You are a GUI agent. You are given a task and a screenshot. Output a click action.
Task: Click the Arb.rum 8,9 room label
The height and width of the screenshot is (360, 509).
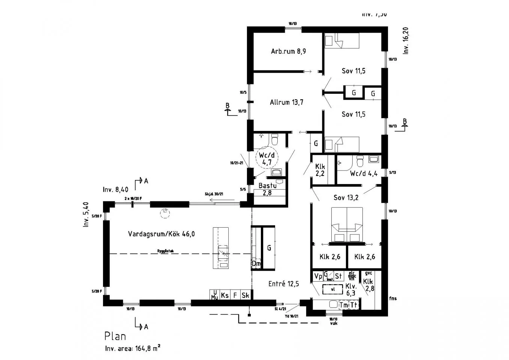pos(288,51)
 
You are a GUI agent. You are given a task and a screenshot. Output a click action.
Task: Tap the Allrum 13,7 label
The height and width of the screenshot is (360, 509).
pos(286,102)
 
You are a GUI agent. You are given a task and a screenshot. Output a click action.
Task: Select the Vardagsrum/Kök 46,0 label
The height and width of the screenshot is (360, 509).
pos(161,234)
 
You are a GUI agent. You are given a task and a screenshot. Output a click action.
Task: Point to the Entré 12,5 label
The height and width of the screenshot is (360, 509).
pos(283,284)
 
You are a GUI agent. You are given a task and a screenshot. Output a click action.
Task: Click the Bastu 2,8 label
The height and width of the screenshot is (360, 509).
pos(268,189)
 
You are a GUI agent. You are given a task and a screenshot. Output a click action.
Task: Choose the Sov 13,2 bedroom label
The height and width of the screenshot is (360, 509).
pos(346,198)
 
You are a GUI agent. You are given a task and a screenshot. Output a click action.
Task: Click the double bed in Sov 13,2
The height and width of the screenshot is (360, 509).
pos(347,224)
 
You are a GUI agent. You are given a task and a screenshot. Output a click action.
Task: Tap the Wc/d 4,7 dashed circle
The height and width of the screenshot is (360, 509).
pos(267,159)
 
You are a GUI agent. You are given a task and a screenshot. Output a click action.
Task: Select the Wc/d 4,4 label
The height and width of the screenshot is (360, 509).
pos(364,174)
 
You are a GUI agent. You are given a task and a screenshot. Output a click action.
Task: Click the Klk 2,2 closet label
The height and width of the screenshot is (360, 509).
pos(320,170)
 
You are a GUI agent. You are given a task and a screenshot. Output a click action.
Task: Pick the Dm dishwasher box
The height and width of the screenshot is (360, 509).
pos(256,264)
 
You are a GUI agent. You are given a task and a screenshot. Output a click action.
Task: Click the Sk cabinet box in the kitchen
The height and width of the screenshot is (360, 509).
pos(245,295)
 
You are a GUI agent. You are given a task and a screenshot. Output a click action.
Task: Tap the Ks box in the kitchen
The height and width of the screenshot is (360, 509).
pos(225,295)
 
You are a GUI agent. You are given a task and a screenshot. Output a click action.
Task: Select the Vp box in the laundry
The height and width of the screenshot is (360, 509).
pos(318,276)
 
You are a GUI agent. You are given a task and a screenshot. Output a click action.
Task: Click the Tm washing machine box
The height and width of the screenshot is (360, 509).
pos(344,305)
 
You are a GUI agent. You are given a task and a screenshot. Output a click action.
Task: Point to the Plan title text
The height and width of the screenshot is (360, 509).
pos(115,336)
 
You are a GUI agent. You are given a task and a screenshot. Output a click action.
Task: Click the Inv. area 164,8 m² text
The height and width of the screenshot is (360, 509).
pos(133,348)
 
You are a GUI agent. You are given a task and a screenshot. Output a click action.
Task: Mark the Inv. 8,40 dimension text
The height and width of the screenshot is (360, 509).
pos(115,190)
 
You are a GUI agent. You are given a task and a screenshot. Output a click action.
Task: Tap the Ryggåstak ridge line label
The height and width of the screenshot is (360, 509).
pos(165,251)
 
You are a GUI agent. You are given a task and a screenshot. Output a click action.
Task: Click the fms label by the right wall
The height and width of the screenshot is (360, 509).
pos(392,298)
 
